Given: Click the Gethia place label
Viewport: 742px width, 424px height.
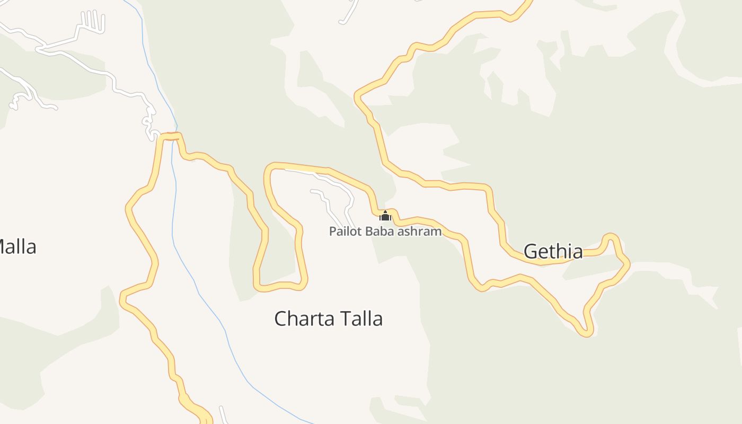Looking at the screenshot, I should (553, 251).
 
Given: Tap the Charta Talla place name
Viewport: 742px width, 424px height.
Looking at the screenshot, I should (328, 319).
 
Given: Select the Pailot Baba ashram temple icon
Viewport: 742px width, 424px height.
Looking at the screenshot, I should (385, 216).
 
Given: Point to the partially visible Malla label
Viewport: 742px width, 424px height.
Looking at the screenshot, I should (17, 247).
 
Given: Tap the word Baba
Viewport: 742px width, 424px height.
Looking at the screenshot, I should (375, 232).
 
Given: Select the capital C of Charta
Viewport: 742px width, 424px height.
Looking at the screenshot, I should (280, 319).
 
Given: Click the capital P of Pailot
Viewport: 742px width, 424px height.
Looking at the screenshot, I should (332, 232).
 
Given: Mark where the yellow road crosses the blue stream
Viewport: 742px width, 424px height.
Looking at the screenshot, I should (173, 137).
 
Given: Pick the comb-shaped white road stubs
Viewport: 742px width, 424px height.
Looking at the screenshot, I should (93, 20).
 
